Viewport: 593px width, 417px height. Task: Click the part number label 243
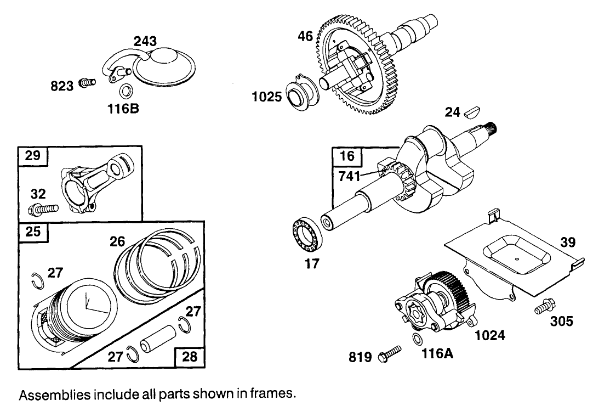click(145, 42)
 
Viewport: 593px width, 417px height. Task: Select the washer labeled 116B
click(126, 91)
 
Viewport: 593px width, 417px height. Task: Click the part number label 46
click(305, 37)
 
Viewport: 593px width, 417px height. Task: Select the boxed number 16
click(347, 156)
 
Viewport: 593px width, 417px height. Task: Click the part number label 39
click(568, 241)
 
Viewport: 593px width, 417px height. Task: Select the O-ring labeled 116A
click(417, 340)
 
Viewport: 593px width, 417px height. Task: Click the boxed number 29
click(33, 156)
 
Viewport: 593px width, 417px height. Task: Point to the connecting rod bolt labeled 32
click(43, 209)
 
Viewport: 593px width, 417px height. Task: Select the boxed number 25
click(33, 232)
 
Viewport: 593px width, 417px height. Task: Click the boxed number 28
click(189, 357)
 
